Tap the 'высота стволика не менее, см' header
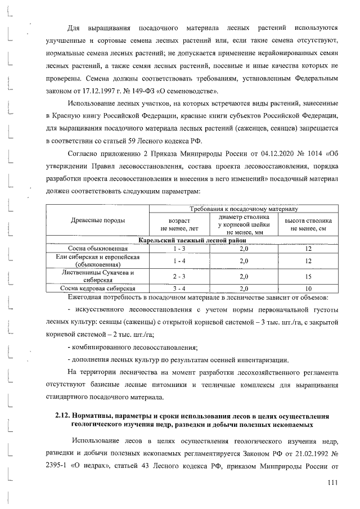(308, 224)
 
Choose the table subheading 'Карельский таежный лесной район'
(192, 240)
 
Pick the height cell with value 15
(308, 276)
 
